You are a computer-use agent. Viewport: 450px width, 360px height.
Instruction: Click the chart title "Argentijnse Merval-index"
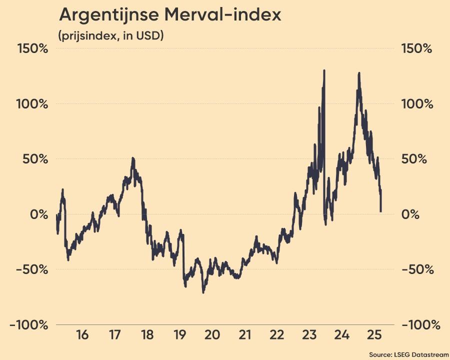coord(169,15)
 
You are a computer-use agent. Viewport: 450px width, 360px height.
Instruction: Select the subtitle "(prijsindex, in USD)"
coord(111,35)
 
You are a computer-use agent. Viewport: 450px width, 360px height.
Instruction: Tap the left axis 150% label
coord(32,49)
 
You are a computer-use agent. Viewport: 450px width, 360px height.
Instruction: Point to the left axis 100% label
coord(32,104)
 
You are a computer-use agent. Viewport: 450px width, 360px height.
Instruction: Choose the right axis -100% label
coord(421,325)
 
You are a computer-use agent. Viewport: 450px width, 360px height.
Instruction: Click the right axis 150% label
coord(416,49)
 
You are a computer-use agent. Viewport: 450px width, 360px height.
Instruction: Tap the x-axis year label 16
coord(83,335)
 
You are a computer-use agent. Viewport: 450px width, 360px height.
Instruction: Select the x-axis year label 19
coord(179,335)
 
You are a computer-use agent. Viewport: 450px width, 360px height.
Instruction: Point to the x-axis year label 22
coord(276,335)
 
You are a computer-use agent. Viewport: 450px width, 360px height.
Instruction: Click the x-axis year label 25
coord(374,335)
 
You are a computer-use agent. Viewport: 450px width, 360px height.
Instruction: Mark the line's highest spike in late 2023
coord(324,70)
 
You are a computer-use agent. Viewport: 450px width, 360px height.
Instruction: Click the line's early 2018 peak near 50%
coord(133,158)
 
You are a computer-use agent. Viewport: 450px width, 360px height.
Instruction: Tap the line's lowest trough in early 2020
coord(203,292)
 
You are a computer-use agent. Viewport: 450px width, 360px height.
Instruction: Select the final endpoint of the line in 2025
coord(381,211)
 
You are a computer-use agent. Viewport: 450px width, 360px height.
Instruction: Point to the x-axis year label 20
coord(212,335)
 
